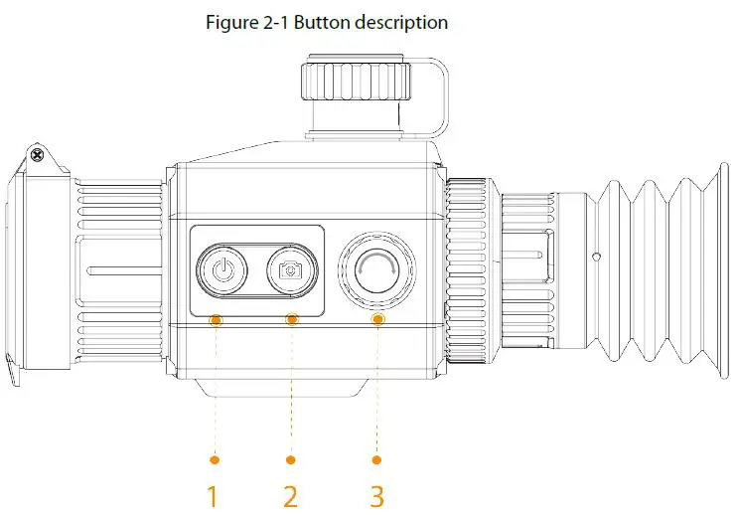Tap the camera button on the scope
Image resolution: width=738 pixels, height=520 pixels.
[291, 268]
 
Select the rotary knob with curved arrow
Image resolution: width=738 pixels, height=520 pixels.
[376, 268]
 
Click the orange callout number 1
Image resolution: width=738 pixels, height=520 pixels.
[212, 495]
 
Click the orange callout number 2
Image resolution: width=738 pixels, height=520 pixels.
[290, 495]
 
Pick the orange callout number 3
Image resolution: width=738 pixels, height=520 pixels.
[376, 495]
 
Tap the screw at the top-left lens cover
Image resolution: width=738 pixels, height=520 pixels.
[37, 155]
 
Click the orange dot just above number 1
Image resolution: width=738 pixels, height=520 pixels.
[215, 459]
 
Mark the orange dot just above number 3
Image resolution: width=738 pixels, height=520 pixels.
[376, 459]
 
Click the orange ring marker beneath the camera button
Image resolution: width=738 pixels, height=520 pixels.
[291, 319]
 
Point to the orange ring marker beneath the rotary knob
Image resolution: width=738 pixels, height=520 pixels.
[377, 319]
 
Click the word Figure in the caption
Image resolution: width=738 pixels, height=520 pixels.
[228, 22]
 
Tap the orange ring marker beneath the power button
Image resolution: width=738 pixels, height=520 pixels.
[216, 319]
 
